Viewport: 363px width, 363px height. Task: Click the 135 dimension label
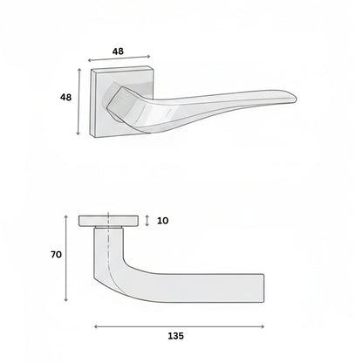(176, 336)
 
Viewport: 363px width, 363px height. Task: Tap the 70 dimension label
(56, 255)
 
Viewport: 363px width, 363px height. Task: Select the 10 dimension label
(162, 221)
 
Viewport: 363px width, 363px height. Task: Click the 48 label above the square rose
(118, 51)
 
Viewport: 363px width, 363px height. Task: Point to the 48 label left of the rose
(65, 97)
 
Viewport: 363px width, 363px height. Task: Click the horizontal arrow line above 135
(179, 326)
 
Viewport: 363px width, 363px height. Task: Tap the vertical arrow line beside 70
(66, 258)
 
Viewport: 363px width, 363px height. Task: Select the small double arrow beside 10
(147, 221)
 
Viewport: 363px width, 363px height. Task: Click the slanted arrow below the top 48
(119, 58)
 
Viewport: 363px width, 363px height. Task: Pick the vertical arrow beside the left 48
(79, 102)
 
